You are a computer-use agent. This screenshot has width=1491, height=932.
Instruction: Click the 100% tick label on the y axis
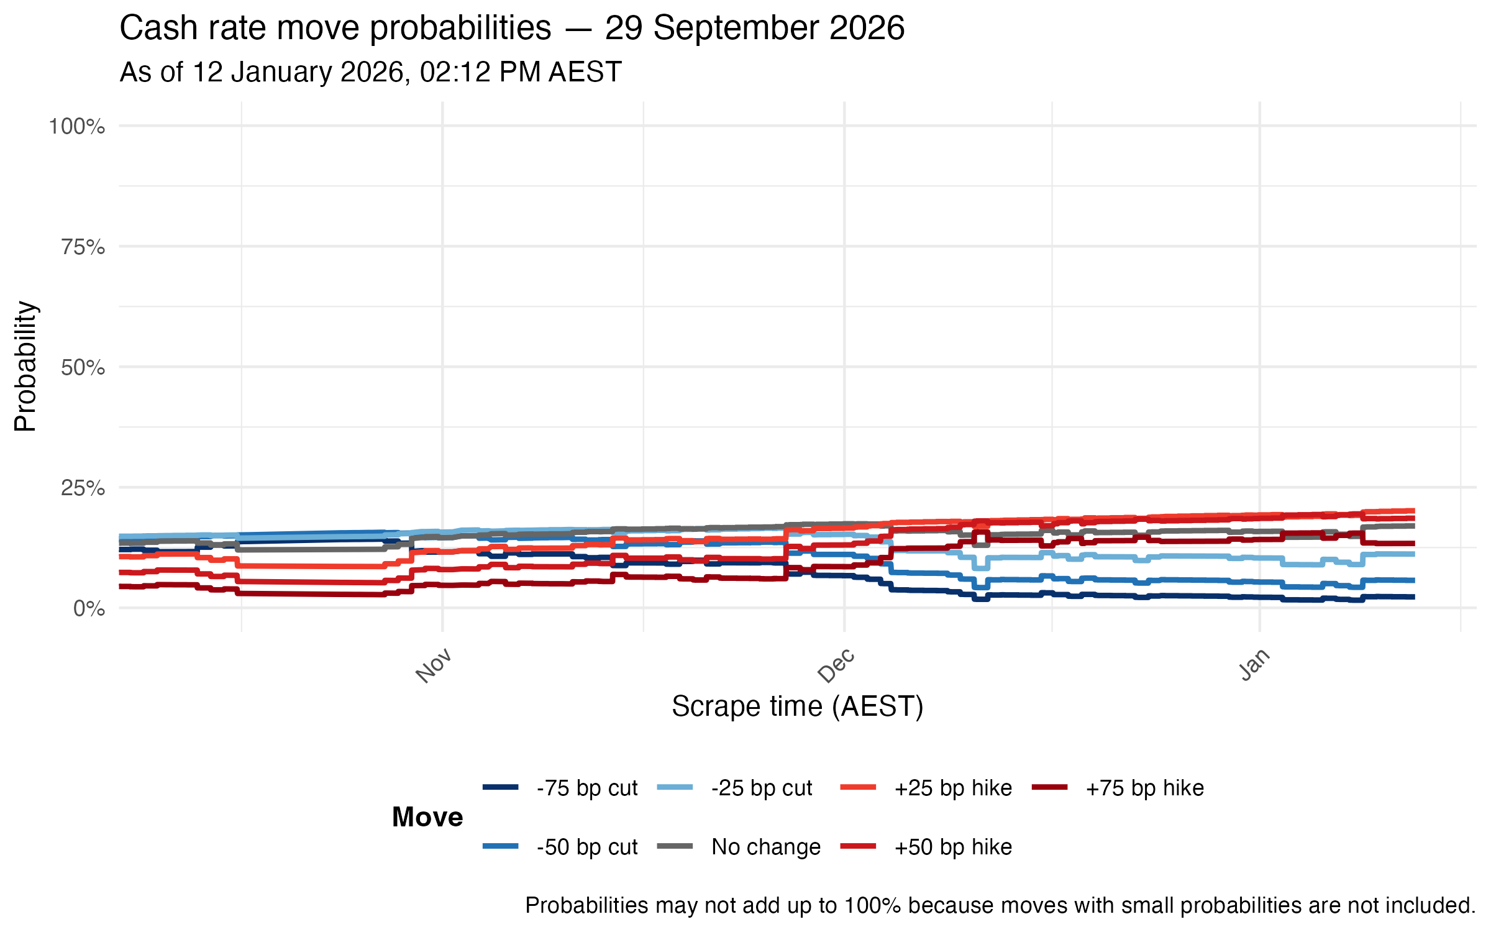[77, 127]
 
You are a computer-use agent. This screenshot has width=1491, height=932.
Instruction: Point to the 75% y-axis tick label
[83, 247]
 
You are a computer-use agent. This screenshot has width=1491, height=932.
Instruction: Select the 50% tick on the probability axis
[83, 368]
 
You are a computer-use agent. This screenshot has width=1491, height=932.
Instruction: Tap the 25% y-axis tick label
[83, 488]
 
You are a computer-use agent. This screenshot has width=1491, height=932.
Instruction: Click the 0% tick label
[89, 609]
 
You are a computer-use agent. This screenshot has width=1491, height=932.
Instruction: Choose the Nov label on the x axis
[434, 666]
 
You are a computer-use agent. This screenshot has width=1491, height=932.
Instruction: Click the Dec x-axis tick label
[836, 666]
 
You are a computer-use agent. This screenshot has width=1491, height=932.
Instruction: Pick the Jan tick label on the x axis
[1254, 665]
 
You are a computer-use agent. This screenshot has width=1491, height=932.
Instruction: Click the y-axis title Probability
[26, 367]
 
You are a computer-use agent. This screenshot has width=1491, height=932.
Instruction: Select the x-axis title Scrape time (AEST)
[798, 706]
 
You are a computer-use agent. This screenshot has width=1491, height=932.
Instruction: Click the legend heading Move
[427, 817]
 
